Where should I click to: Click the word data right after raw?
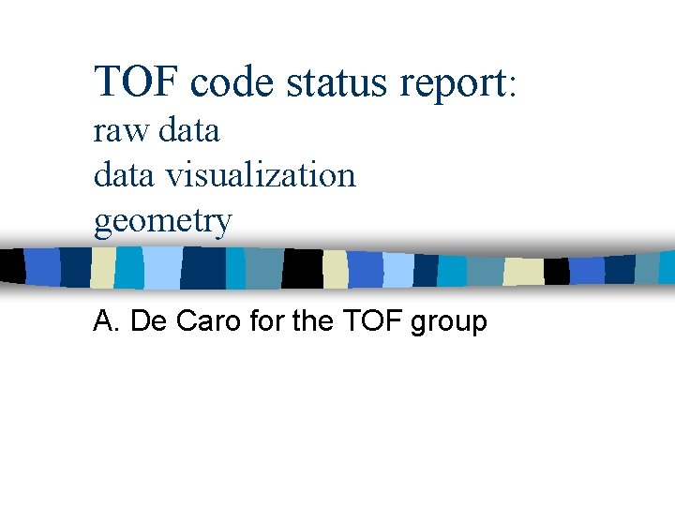pyautogui.click(x=188, y=130)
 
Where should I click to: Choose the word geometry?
pyautogui.click(x=162, y=222)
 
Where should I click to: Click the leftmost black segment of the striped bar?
pyautogui.click(x=12, y=268)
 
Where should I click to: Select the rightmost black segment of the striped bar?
pyautogui.click(x=557, y=271)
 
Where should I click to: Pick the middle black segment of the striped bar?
pyautogui.click(x=303, y=269)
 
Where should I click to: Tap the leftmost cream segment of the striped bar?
pyautogui.click(x=102, y=268)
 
